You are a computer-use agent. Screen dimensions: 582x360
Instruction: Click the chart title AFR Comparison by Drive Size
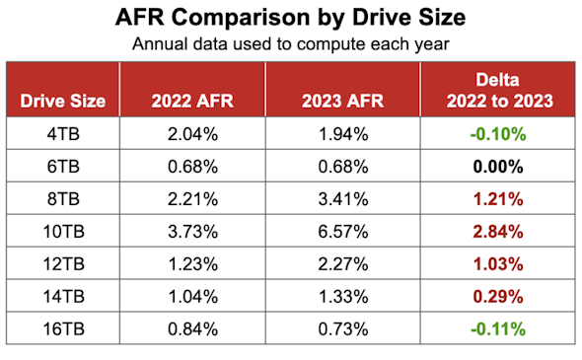point(290,17)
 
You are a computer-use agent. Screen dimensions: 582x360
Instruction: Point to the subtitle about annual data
point(291,43)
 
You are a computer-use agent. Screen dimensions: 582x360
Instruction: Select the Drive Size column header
point(63,101)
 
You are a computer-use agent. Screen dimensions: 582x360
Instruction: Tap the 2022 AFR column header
point(192,101)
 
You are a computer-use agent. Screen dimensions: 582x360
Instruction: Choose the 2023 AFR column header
point(342,101)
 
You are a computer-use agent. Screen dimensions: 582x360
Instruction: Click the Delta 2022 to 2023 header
point(499,90)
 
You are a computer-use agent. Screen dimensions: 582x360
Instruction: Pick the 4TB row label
point(63,134)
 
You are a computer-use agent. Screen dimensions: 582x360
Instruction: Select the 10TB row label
point(64,232)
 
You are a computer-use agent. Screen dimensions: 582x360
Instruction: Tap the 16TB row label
point(64,329)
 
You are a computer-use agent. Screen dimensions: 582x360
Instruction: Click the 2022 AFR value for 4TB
point(192,134)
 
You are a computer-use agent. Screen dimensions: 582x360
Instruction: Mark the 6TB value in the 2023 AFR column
point(343,167)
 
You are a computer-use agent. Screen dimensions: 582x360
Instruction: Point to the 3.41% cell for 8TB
point(343,199)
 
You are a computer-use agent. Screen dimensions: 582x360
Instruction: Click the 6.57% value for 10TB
point(343,232)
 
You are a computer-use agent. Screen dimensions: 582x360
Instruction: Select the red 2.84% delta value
point(498,232)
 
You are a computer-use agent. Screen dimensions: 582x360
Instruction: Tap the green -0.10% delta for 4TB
point(498,134)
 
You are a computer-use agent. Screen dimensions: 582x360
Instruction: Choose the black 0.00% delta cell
point(498,167)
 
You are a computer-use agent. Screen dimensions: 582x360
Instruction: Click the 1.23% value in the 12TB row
point(192,264)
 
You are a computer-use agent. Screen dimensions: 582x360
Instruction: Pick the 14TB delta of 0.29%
point(498,297)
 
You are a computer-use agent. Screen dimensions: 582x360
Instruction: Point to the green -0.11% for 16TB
point(498,329)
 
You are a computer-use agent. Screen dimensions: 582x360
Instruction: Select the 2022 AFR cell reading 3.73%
point(192,232)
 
